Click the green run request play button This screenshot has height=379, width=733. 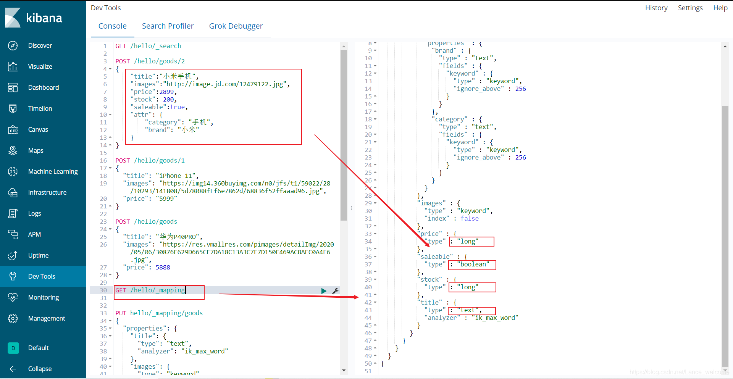click(x=324, y=291)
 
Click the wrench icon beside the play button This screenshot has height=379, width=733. click(x=335, y=291)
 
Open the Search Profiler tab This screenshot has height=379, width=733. click(x=168, y=26)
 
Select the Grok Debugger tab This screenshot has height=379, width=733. click(x=236, y=26)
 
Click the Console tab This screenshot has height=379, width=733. click(x=112, y=26)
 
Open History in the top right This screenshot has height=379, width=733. click(x=656, y=8)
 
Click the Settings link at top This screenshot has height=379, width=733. click(x=690, y=8)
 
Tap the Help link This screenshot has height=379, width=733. click(x=720, y=8)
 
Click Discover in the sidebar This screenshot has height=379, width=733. click(x=40, y=45)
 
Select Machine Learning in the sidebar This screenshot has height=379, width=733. click(x=53, y=171)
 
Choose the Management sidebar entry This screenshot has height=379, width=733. click(x=47, y=318)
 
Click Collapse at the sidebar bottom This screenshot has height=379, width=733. click(x=40, y=369)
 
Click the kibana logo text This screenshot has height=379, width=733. click(x=44, y=18)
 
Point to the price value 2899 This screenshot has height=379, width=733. click(x=166, y=92)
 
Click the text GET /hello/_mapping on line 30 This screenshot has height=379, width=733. click(x=150, y=290)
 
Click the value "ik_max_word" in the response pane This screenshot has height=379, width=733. click(x=495, y=318)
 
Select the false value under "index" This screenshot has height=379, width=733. click(x=469, y=218)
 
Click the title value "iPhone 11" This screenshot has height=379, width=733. click(x=177, y=176)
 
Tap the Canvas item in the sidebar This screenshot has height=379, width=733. click(x=38, y=129)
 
